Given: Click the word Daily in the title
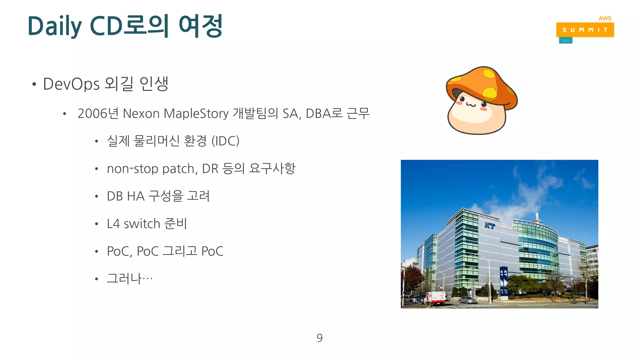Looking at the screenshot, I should [x=54, y=26].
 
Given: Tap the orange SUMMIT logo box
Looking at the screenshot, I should [x=585, y=30].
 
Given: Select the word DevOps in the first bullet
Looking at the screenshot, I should [x=71, y=84].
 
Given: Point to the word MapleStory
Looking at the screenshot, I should [x=196, y=113].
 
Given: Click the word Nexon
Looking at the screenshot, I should [x=141, y=113].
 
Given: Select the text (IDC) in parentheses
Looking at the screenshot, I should [x=225, y=141].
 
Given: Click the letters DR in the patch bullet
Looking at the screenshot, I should [x=210, y=169].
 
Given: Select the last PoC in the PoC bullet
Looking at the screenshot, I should [x=212, y=251].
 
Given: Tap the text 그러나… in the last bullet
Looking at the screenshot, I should [x=129, y=278].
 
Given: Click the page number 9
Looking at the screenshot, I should [x=319, y=338].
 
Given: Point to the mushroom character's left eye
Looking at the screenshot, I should [x=462, y=99].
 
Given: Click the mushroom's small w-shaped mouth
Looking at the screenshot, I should [x=471, y=104].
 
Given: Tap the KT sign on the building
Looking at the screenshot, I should [x=489, y=225].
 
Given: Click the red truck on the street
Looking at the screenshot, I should [x=435, y=298].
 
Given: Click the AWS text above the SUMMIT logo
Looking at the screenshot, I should [x=605, y=18].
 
